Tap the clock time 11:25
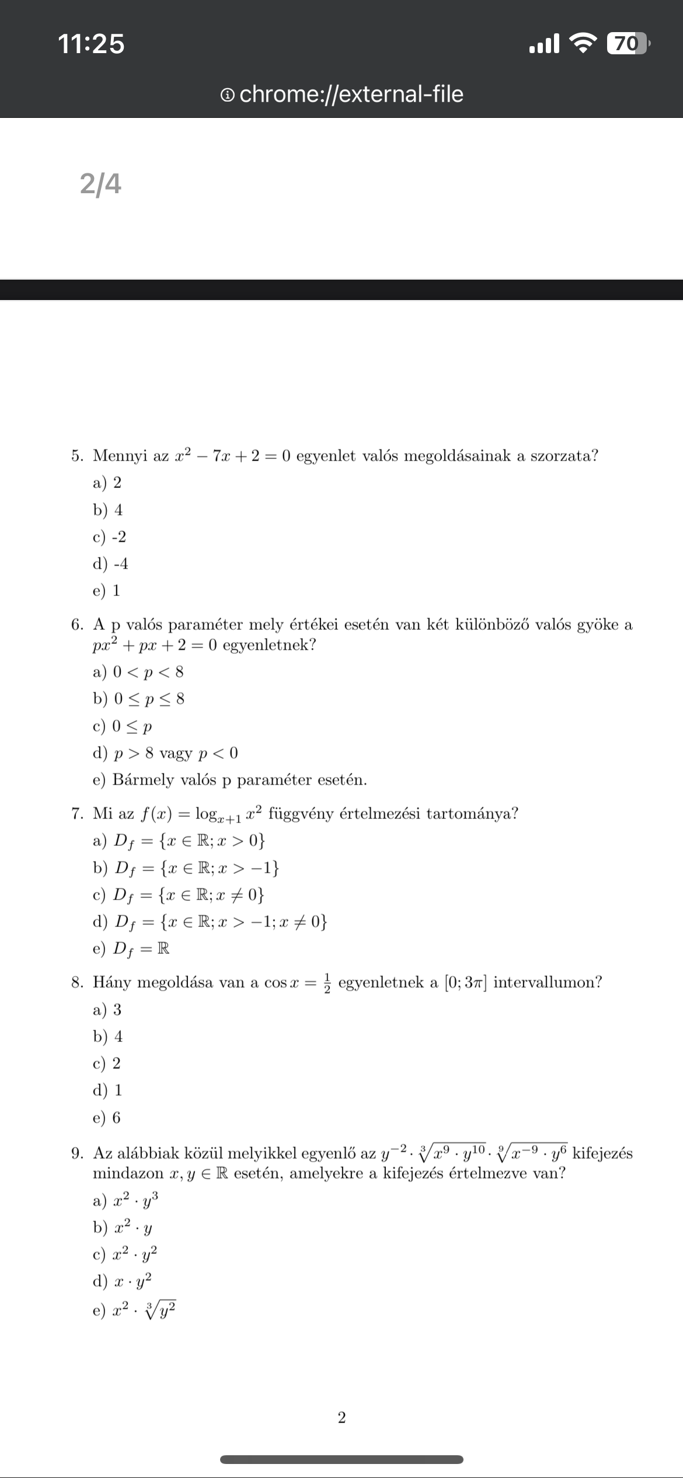[91, 44]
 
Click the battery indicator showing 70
[627, 44]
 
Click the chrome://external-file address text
[351, 94]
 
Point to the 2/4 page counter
[100, 184]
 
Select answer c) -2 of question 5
[110, 537]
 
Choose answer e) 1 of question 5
[107, 591]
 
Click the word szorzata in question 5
[563, 456]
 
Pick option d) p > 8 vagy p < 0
[166, 753]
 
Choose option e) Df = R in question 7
[132, 949]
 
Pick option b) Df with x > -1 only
[187, 868]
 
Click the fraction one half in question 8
[327, 982]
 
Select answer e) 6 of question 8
[107, 1118]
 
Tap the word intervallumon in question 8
[547, 982]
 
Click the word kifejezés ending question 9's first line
[602, 1153]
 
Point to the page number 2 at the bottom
[341, 1418]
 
